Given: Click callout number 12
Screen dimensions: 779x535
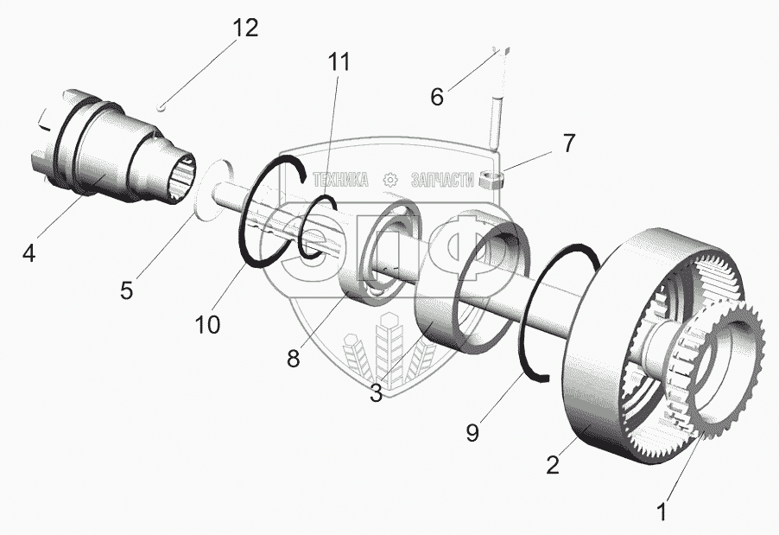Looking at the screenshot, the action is [x=244, y=28].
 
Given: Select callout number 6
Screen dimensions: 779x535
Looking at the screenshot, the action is [x=437, y=97].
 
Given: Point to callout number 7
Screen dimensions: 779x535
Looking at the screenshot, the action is [x=568, y=143].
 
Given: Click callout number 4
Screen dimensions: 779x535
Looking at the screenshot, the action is [x=29, y=254].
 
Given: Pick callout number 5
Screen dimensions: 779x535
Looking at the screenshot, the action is [x=127, y=290].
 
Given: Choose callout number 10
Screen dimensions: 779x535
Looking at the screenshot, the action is [x=208, y=324].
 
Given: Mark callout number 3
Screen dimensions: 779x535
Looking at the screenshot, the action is [x=377, y=393].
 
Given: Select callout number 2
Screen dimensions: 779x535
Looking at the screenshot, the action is [x=553, y=465].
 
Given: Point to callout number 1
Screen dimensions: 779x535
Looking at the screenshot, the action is [x=662, y=512].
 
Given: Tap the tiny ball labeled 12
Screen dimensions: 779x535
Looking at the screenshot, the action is [x=163, y=106].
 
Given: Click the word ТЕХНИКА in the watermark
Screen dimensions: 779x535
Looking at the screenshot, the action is [x=340, y=180].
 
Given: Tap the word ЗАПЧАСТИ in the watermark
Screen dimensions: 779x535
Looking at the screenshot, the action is [x=443, y=180].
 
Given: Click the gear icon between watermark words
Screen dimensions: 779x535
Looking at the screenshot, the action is [x=389, y=180].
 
